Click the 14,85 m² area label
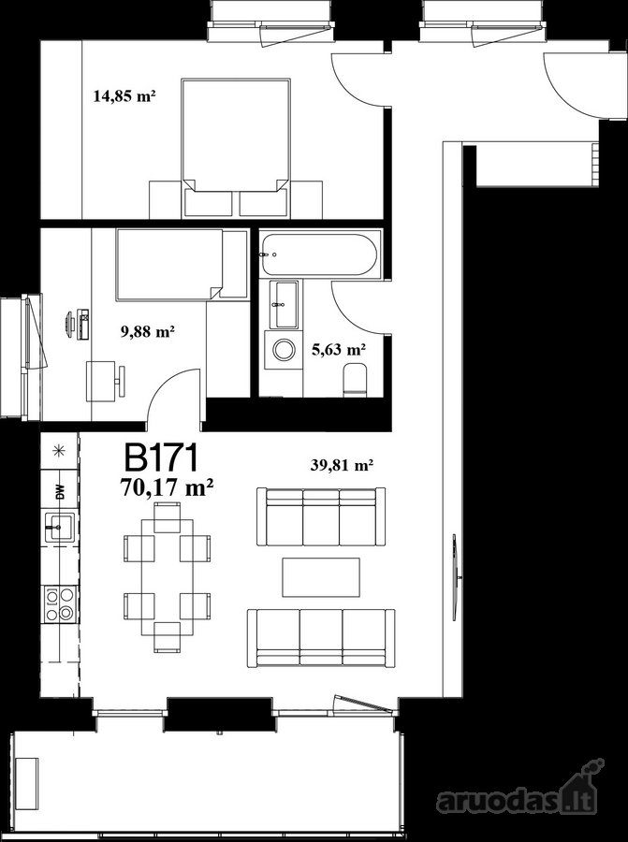(x=124, y=96)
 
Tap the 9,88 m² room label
(x=148, y=332)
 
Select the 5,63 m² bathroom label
(x=339, y=350)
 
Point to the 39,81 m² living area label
(x=343, y=465)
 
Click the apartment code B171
(x=162, y=458)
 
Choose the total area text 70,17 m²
(x=168, y=488)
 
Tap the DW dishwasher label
(x=60, y=492)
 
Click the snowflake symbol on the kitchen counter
(x=60, y=451)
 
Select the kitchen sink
(x=60, y=528)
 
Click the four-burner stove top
(x=60, y=604)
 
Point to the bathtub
(x=320, y=254)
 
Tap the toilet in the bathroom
(x=354, y=380)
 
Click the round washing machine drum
(x=283, y=350)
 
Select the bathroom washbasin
(x=285, y=304)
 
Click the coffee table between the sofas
(x=321, y=577)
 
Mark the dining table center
(x=168, y=577)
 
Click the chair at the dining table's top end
(x=168, y=517)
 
